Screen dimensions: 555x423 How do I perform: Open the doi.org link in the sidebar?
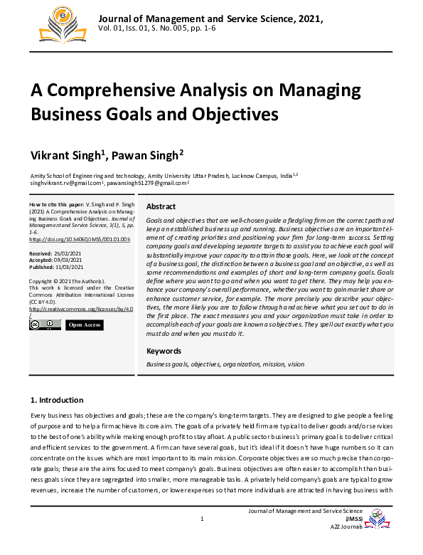(80, 240)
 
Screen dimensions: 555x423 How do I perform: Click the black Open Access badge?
(85, 324)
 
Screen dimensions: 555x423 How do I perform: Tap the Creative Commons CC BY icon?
(45, 324)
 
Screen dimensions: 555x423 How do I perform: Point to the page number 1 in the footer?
(202, 519)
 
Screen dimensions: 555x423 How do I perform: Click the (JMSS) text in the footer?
(352, 519)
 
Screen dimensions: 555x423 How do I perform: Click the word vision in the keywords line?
(295, 364)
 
